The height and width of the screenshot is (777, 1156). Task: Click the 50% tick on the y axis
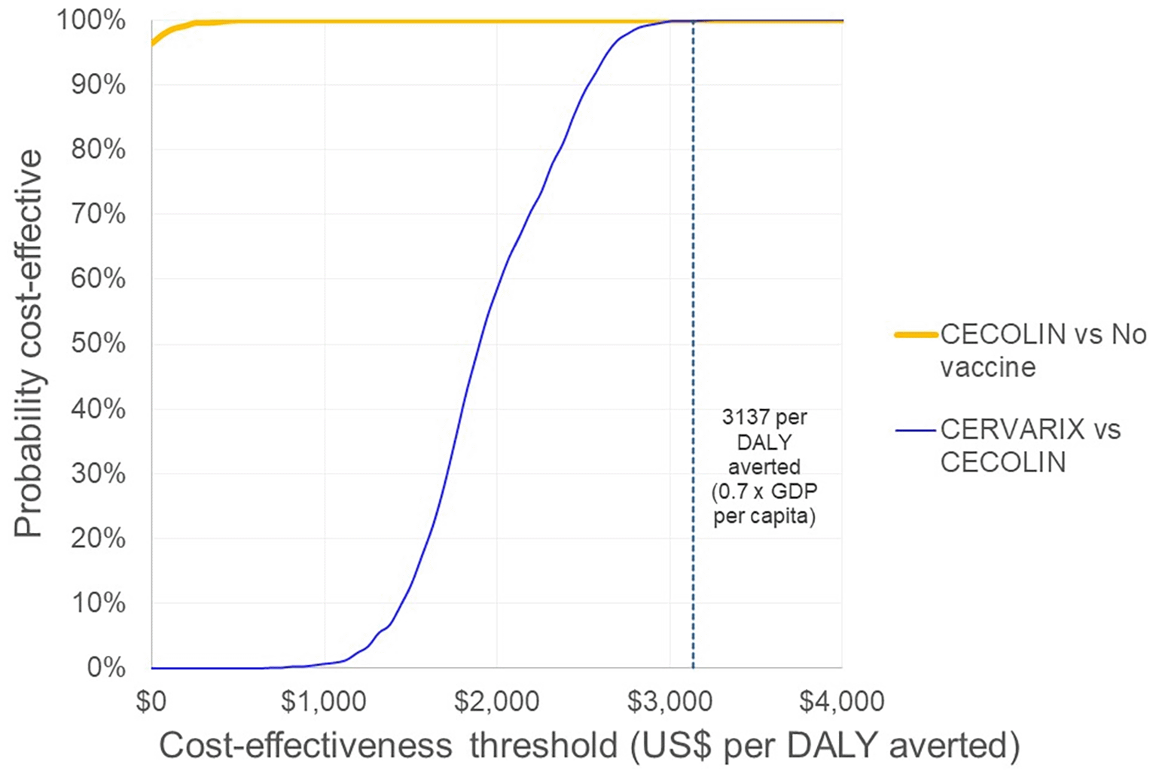tap(98, 344)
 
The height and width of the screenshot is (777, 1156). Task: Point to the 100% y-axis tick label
tap(91, 20)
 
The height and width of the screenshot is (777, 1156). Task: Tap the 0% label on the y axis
tap(105, 667)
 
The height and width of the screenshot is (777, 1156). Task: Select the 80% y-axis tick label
tap(98, 150)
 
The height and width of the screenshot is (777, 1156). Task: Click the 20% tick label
tap(98, 538)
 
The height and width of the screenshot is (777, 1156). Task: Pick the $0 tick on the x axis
tap(151, 701)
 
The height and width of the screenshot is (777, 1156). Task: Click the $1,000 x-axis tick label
tap(324, 701)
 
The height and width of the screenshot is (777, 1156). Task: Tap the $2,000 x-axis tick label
tap(496, 701)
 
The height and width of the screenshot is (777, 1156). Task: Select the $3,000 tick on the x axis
tap(670, 701)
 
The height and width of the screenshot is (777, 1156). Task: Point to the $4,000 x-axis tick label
tap(841, 701)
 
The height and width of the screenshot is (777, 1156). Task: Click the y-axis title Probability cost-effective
tap(29, 343)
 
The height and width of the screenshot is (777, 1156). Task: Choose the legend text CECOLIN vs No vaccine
tap(1042, 350)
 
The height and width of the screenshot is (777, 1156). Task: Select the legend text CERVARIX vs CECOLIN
tap(1029, 445)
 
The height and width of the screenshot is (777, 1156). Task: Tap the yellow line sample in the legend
tap(916, 334)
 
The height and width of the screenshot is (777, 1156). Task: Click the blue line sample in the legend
tap(916, 431)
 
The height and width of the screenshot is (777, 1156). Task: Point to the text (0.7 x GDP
tap(764, 492)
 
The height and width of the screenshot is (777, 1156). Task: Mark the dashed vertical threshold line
tap(693, 301)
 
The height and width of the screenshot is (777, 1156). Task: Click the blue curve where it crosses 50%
tap(480, 344)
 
